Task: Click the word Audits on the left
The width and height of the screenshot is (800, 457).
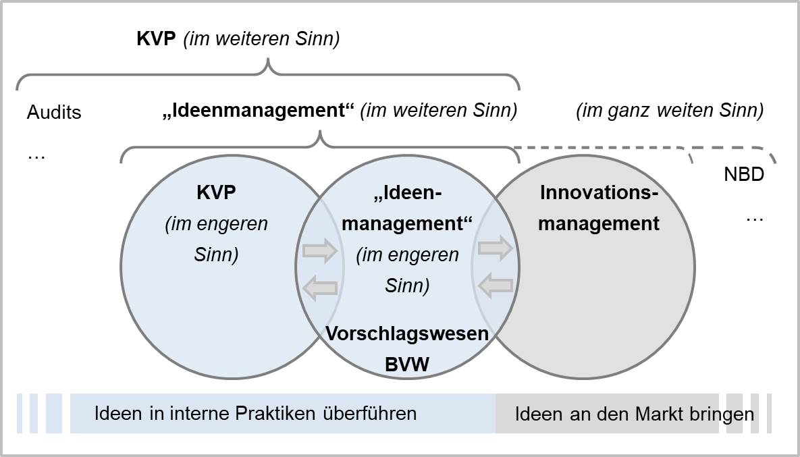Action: pos(54,112)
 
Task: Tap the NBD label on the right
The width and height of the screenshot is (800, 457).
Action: pos(743,175)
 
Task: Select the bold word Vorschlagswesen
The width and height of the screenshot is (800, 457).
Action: pos(407,333)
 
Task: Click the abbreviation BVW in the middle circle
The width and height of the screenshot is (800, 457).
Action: pos(407,365)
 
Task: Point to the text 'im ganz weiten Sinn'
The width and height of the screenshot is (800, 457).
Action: pos(670,111)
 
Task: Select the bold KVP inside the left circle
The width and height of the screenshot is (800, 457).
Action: pos(216,192)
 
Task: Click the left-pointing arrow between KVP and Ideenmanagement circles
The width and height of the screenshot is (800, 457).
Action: pos(320,288)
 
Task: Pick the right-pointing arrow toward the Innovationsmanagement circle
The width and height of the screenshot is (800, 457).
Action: pos(496,248)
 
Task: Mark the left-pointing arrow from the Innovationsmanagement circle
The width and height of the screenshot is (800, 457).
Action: pos(496,287)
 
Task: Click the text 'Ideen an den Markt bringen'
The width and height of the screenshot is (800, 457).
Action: pos(634,414)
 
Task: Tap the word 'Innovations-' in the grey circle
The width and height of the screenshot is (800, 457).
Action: pos(599,192)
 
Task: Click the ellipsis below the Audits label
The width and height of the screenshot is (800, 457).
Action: pos(36,156)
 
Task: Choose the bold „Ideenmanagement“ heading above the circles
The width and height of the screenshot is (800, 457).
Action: pos(259,111)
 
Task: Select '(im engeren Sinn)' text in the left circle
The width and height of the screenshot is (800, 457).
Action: pos(216,240)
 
